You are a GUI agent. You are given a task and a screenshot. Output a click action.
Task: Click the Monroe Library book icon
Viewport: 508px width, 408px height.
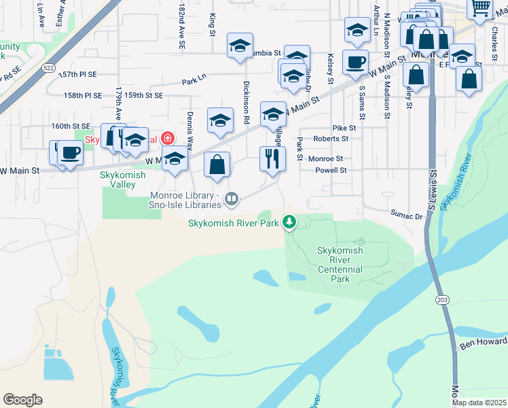pyautogui.click(x=232, y=199)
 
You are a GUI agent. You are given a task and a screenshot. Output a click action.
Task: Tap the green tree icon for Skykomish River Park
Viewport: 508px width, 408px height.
pyautogui.click(x=289, y=222)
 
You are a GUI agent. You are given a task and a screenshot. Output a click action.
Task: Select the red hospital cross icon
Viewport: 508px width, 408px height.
pyautogui.click(x=165, y=139)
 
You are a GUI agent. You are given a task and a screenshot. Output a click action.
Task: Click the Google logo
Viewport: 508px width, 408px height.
pyautogui.click(x=23, y=400)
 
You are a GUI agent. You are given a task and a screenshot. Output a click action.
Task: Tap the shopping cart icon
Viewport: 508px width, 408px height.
pyautogui.click(x=480, y=7)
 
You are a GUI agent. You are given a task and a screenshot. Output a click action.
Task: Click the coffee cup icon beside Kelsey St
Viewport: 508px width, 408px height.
pyautogui.click(x=355, y=63)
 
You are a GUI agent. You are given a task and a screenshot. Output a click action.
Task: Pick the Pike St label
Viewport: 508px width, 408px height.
pyautogui.click(x=344, y=128)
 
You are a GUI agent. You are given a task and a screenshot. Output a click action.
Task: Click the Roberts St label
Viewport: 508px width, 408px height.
pyautogui.click(x=331, y=139)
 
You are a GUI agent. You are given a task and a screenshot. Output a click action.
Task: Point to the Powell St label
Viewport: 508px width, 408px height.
pyautogui.click(x=331, y=171)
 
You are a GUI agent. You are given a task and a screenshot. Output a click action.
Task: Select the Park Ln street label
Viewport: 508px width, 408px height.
pyautogui.click(x=194, y=82)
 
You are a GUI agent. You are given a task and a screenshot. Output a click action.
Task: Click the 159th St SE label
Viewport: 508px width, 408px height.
pyautogui.click(x=143, y=96)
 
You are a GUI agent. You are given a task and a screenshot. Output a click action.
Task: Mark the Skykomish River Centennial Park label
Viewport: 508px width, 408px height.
pyautogui.click(x=340, y=265)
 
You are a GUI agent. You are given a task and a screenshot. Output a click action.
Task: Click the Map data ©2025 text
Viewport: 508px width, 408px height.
pyautogui.click(x=479, y=402)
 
